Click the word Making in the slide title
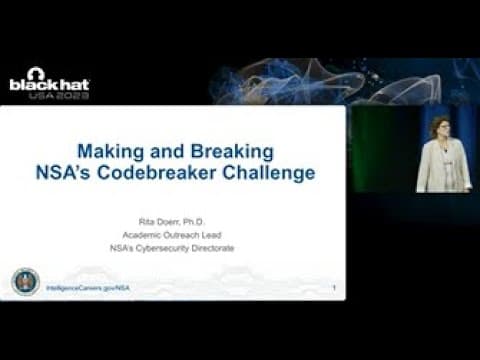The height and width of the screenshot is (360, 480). coord(113,151)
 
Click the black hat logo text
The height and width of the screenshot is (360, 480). coord(49,86)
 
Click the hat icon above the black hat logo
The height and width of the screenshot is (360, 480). coord(36,73)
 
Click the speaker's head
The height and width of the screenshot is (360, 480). coord(441,127)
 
